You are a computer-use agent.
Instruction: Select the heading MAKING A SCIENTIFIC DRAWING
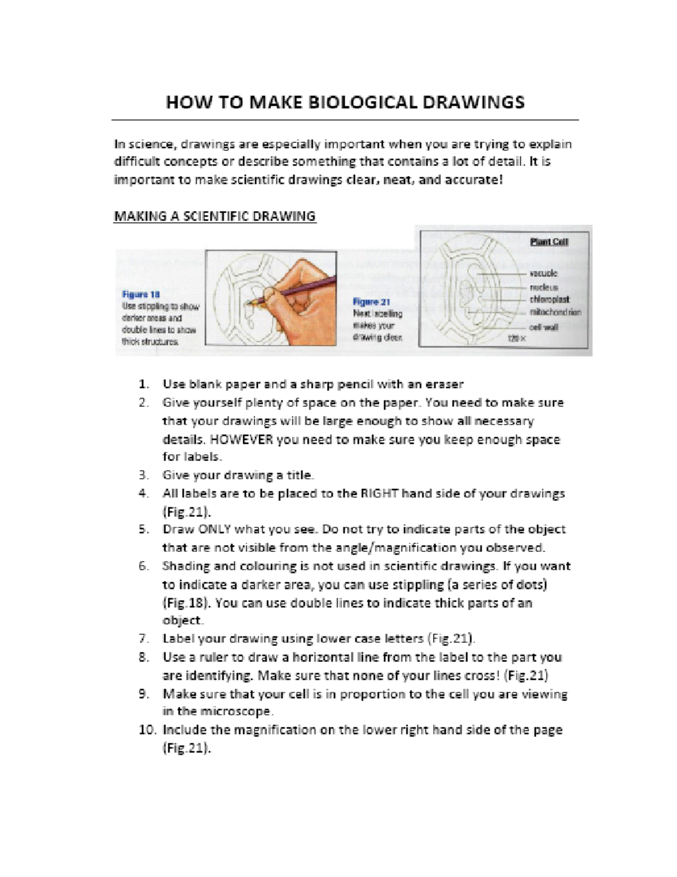(x=214, y=216)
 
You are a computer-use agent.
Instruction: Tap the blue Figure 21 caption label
(x=371, y=302)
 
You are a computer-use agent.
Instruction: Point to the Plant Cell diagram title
(x=549, y=242)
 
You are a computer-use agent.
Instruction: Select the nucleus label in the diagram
(x=544, y=287)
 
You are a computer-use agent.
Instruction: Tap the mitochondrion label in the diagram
(x=555, y=312)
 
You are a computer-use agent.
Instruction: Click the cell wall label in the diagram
(x=543, y=327)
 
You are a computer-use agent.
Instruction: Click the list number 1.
(x=144, y=385)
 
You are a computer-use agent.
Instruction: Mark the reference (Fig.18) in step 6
(x=186, y=603)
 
